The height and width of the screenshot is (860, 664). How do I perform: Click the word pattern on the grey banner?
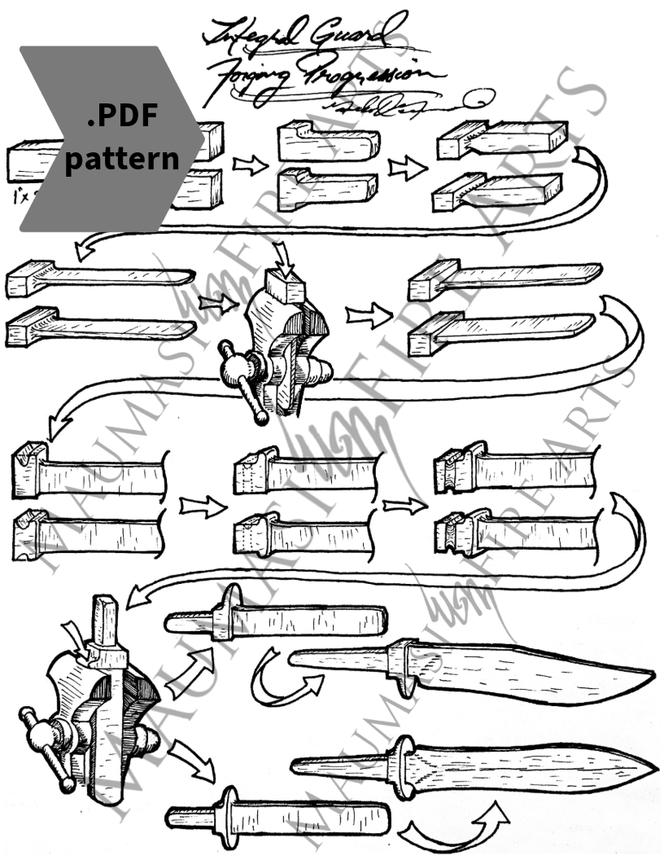click(x=122, y=158)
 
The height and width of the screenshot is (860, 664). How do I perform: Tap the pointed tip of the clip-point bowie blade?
click(x=652, y=675)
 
